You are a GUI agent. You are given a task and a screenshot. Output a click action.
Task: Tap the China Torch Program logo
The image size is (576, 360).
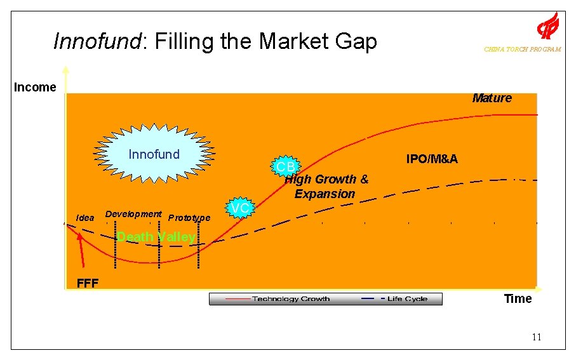point(547,27)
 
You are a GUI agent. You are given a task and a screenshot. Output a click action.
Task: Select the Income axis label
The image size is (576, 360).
point(35,88)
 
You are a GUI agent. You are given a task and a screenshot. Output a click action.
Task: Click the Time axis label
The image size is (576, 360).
point(518,299)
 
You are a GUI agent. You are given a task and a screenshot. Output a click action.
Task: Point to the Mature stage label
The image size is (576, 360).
point(492,98)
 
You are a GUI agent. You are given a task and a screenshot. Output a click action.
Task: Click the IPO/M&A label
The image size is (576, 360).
point(431,159)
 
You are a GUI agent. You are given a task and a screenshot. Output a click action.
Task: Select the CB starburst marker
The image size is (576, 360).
point(285,166)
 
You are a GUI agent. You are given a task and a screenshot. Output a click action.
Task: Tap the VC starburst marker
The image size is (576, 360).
point(239,208)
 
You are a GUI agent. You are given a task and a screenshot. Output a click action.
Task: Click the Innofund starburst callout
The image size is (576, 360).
point(154,154)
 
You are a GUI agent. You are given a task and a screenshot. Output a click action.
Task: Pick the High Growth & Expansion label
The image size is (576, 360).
point(325,187)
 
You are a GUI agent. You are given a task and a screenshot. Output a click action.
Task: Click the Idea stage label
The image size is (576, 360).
point(85,218)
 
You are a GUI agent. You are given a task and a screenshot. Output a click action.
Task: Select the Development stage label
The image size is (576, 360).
point(133,214)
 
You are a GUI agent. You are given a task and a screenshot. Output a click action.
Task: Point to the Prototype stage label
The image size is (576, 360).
point(189,218)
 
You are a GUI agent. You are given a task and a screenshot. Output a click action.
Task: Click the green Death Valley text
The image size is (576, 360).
point(156,237)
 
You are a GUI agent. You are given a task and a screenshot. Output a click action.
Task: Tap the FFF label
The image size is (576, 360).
point(87,283)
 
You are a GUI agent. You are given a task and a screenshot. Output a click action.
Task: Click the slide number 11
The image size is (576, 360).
point(537,337)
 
